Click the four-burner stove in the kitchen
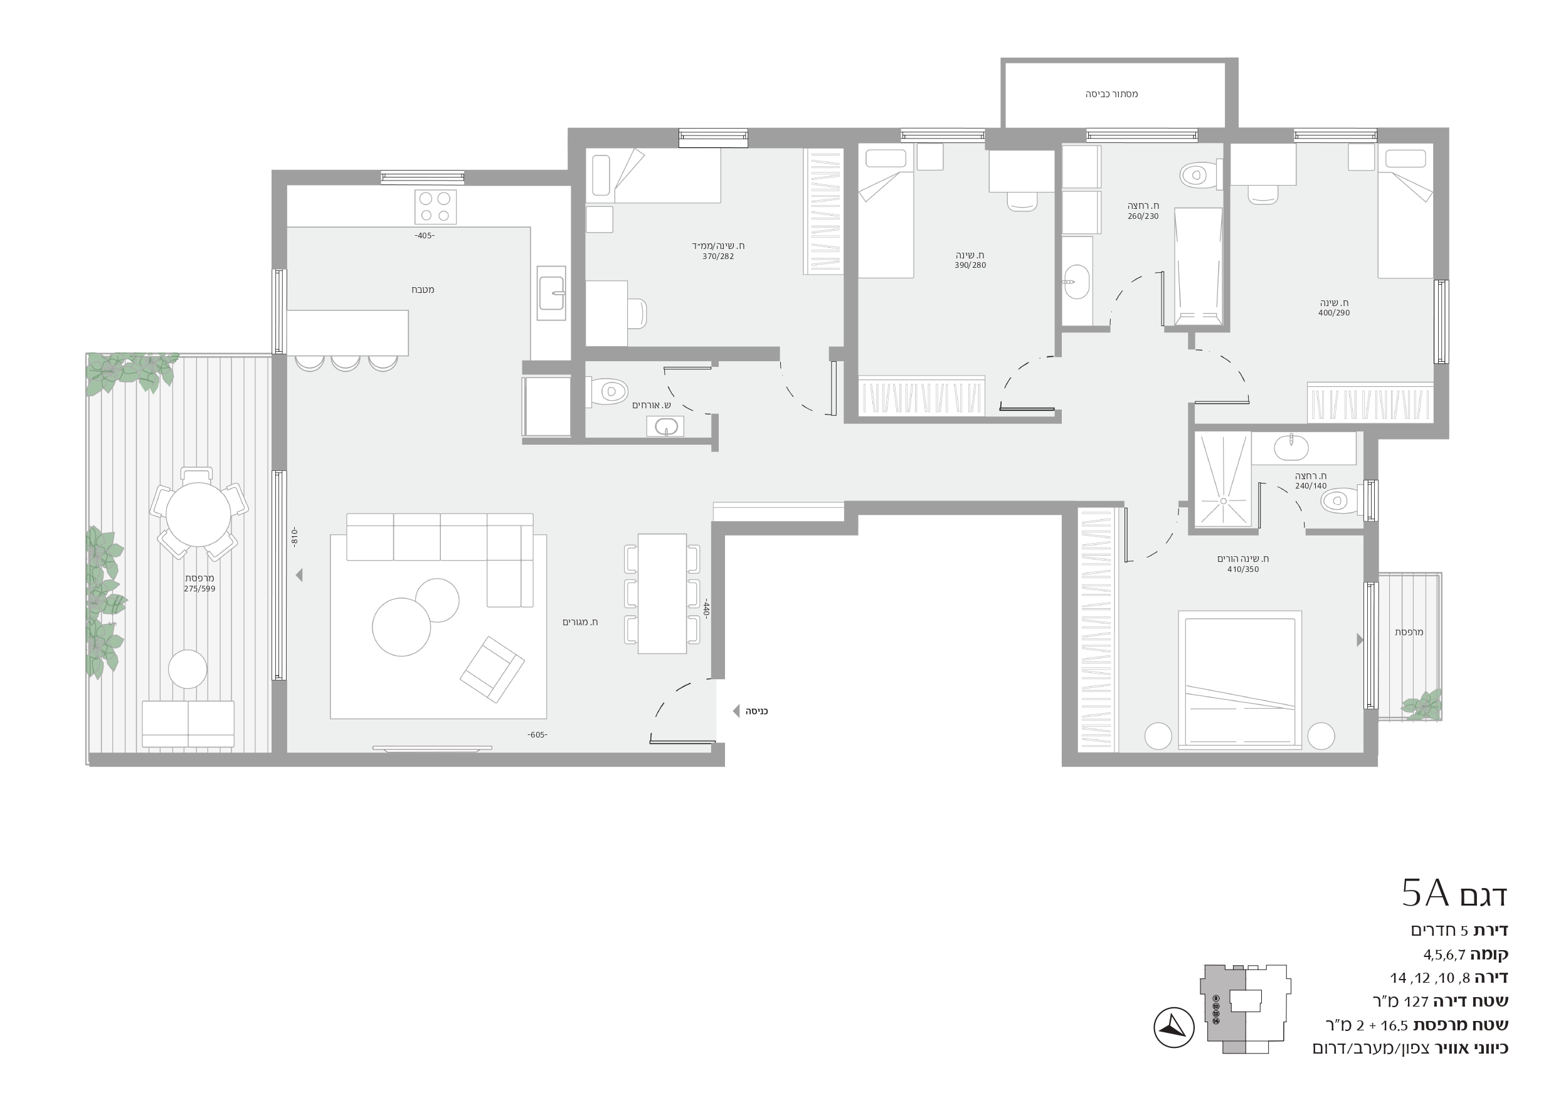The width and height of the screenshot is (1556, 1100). tap(435, 207)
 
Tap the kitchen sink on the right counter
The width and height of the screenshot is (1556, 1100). tap(551, 293)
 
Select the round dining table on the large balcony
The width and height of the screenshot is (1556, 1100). tap(198, 514)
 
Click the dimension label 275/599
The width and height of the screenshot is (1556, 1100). tap(199, 589)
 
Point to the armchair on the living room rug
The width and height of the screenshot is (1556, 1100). tap(492, 669)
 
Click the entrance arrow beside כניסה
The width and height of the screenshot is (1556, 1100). tap(736, 711)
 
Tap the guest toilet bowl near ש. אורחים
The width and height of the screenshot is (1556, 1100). tap(608, 392)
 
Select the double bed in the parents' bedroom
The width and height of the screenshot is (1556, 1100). tap(1239, 680)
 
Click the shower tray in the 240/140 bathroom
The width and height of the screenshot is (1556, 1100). tap(1222, 479)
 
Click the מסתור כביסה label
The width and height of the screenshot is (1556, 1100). tap(1111, 94)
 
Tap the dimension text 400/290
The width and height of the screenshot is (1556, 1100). tap(1334, 313)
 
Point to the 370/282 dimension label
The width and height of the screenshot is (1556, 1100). tap(718, 257)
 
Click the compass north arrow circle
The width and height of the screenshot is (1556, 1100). tap(1174, 1027)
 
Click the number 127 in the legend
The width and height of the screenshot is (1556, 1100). tap(1416, 1001)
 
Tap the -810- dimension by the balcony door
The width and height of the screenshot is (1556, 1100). tap(294, 537)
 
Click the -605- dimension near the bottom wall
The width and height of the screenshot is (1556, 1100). tap(537, 734)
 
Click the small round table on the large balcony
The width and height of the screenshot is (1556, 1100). tap(188, 669)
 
